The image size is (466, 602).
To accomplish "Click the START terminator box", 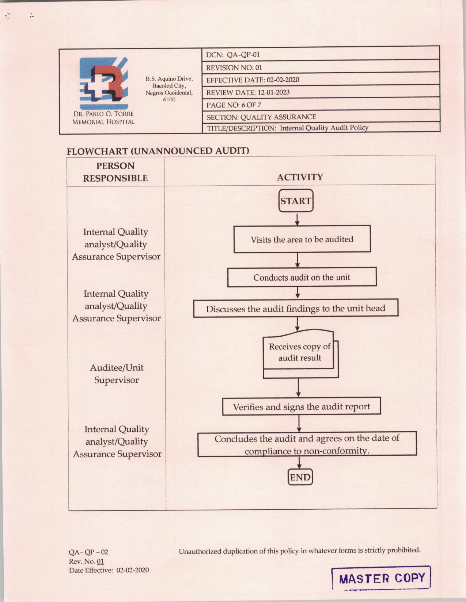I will [x=296, y=201].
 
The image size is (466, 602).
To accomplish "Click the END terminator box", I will [x=300, y=477].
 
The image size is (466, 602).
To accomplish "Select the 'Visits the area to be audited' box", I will [x=302, y=239].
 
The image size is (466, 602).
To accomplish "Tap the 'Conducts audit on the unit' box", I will [x=302, y=277].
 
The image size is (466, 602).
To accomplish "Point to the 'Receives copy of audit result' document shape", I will [x=299, y=353].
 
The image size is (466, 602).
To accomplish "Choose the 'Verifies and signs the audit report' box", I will [x=302, y=406].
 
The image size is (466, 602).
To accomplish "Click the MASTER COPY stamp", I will [x=382, y=578].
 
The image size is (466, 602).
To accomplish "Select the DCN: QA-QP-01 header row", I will [x=320, y=55].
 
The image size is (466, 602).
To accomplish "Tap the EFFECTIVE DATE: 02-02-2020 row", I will [x=320, y=80].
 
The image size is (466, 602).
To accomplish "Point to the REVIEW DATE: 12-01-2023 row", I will [x=320, y=92].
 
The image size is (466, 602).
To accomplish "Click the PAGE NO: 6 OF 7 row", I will [x=320, y=105].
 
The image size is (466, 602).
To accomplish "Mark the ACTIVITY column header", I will [x=300, y=177].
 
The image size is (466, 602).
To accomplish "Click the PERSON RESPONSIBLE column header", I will [x=115, y=172].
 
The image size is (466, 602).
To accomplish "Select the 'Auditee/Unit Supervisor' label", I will [x=117, y=374].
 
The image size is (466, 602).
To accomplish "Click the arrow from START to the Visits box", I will [x=297, y=219].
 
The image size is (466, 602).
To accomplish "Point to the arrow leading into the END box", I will [x=299, y=463].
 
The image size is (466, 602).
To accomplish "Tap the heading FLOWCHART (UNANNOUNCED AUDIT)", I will [x=158, y=151].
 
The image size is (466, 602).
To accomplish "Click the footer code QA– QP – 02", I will [x=88, y=552].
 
